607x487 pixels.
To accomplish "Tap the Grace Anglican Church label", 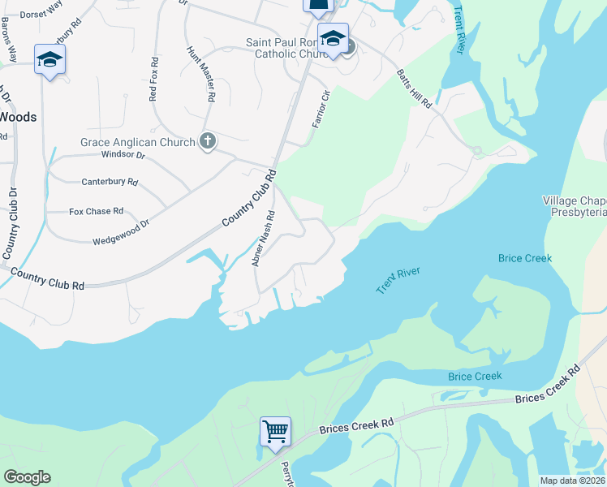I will [x=137, y=143].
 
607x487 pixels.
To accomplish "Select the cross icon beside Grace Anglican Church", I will [x=208, y=142].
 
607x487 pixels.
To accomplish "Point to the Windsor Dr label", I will [x=123, y=155].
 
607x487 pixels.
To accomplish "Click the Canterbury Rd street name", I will [x=110, y=182].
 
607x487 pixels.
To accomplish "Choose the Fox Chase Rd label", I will [x=96, y=211].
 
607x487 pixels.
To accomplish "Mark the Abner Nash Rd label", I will [x=265, y=239].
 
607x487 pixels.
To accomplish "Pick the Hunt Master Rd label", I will [x=201, y=72].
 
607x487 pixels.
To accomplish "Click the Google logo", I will [x=27, y=477].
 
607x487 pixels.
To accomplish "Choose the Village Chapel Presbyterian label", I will [x=575, y=206].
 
